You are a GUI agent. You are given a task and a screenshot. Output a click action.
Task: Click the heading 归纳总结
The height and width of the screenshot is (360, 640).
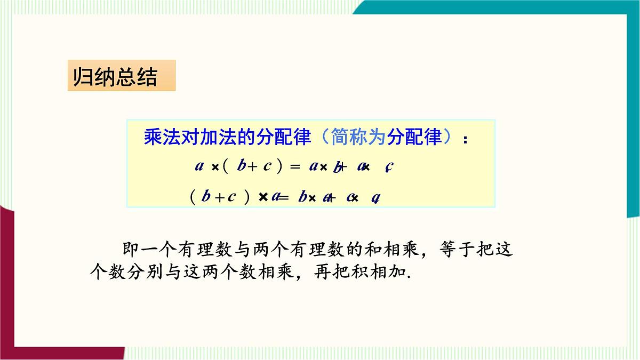click(x=115, y=77)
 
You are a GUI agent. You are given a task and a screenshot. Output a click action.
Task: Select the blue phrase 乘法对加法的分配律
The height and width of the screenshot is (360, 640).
click(x=227, y=138)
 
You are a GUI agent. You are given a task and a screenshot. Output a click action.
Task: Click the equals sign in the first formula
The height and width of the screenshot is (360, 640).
click(x=295, y=166)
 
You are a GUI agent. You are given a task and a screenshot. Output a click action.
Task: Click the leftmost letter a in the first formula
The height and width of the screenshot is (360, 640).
click(x=199, y=166)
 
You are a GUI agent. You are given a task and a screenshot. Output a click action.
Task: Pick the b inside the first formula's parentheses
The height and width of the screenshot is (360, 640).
click(x=242, y=166)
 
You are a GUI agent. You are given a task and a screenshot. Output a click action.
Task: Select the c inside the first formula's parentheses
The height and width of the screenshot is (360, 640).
click(x=267, y=166)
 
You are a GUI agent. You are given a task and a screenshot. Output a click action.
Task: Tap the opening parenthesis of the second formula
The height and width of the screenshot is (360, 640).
click(x=193, y=197)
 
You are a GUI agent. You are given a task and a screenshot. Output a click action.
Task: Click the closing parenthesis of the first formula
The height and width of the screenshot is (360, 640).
click(x=279, y=166)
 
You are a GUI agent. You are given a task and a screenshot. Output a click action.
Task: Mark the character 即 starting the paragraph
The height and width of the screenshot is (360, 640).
click(x=131, y=250)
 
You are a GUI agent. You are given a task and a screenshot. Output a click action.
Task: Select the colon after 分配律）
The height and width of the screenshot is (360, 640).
click(x=466, y=140)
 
